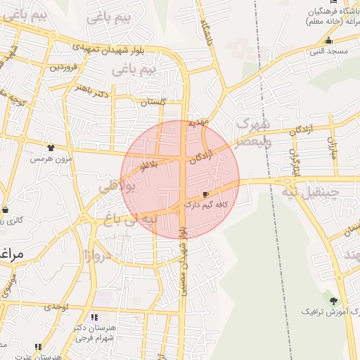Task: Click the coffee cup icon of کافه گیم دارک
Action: coord(205,194)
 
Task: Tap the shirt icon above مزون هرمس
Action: coord(51,148)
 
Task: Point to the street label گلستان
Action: coord(153,102)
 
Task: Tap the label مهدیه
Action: coord(199,123)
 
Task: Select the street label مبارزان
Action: coord(333,146)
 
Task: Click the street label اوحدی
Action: coord(56,307)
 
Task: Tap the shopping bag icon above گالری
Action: coord(6,210)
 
